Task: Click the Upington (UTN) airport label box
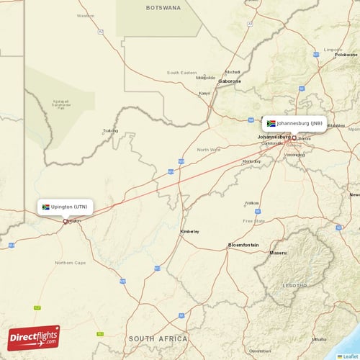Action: pos(66,207)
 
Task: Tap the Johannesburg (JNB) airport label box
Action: pos(294,123)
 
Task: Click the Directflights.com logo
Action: pos(34,337)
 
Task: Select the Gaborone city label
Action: pos(230,81)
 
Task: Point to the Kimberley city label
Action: pos(190,231)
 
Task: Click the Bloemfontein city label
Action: pos(243,245)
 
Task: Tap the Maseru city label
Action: pos(278,253)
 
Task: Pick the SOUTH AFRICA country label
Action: pos(158,338)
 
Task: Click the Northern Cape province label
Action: pos(71,263)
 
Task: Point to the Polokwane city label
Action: pos(346,55)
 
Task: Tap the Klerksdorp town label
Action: pos(251,161)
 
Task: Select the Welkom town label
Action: pos(251,203)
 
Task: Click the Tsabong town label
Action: pos(110,131)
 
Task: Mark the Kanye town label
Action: pos(204,93)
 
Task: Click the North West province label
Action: pos(210,150)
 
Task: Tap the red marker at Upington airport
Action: pos(66,221)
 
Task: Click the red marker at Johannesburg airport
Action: pos(294,138)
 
